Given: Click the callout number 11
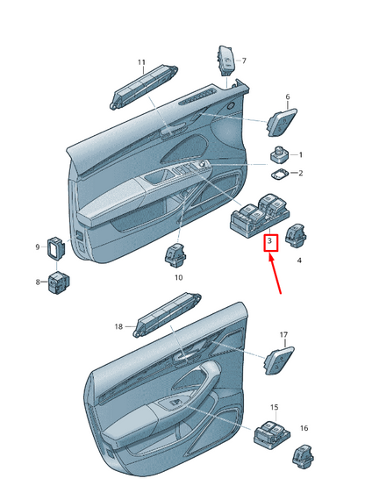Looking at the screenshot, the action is pos(141,62).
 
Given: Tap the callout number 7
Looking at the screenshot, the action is pos(244,61).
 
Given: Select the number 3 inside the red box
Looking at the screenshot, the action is pos(270,240).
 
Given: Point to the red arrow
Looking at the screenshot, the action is pos(276,274).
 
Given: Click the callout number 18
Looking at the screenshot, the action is pos(118,326).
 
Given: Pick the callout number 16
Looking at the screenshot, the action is pos(304,428).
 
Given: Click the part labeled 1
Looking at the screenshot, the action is pos(279,154).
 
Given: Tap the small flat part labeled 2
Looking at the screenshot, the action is pos(280,174).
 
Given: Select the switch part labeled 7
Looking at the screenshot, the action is pos(225,60).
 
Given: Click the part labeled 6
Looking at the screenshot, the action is pos(282,123).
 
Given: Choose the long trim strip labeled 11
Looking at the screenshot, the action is pos(144,87).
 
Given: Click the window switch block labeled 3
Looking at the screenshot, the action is pos(260,215).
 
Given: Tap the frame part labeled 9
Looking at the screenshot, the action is pos(56,247).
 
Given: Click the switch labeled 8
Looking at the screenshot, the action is pos(59,282).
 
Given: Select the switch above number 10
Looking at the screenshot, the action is pos(175,255).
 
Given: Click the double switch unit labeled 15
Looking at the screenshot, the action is pos(272,434).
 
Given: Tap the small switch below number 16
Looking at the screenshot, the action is pos(303,456).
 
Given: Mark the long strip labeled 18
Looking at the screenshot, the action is pos(167,315).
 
